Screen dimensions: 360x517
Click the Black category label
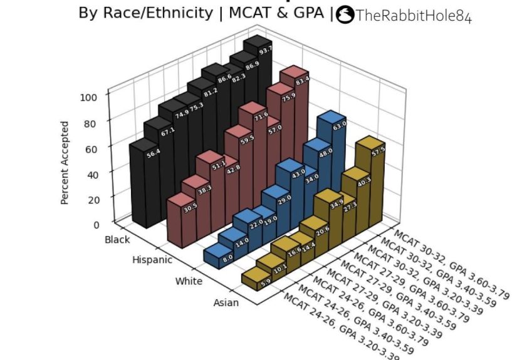(x=118, y=240)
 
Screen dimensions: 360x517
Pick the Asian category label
(x=226, y=303)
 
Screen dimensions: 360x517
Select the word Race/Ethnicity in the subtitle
(x=159, y=13)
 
